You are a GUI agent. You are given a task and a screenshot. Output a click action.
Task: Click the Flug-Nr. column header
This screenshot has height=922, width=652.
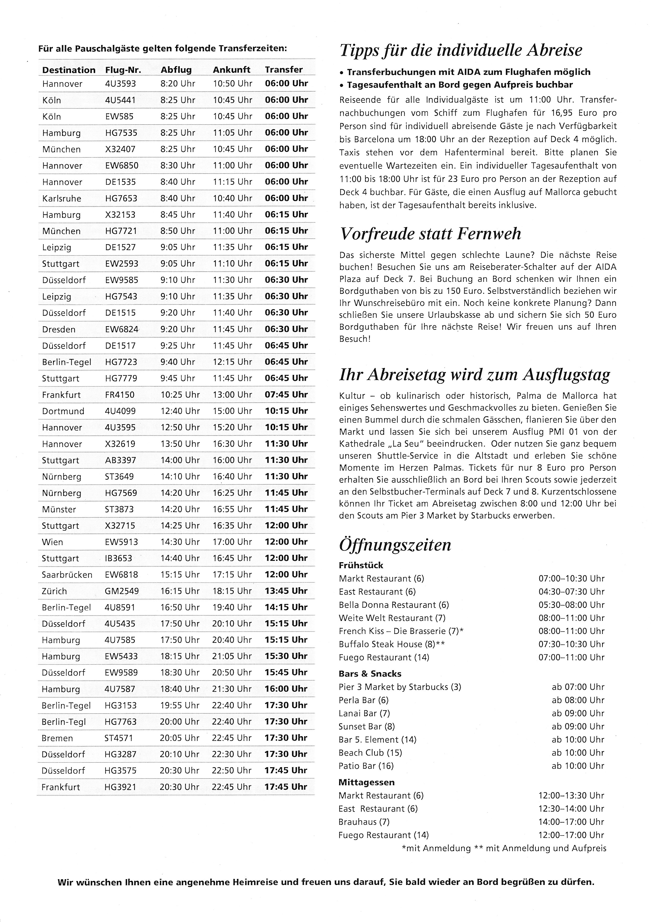123,70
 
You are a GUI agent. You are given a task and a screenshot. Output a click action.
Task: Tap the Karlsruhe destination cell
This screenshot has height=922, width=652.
62,198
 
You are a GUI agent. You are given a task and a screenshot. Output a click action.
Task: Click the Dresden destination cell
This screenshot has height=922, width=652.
59,329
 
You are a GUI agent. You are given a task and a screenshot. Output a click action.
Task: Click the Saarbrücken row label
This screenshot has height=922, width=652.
67,575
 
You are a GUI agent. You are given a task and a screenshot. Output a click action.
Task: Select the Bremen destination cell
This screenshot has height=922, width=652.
58,738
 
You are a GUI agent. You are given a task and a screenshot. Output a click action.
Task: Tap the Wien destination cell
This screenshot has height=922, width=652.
52,542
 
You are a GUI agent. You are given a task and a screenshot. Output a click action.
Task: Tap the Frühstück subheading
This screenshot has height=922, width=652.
361,565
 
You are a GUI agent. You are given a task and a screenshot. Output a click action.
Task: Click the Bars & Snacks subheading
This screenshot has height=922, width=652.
370,674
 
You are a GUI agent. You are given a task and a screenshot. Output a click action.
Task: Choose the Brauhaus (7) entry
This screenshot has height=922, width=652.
364,822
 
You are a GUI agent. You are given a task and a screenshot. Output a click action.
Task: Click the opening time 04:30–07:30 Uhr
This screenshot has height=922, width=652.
571,592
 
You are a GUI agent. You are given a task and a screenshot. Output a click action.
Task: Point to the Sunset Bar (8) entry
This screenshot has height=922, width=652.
366,726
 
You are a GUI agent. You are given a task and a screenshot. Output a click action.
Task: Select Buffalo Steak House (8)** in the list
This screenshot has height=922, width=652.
392,644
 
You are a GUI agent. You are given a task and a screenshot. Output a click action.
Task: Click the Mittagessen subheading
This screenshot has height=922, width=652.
366,782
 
